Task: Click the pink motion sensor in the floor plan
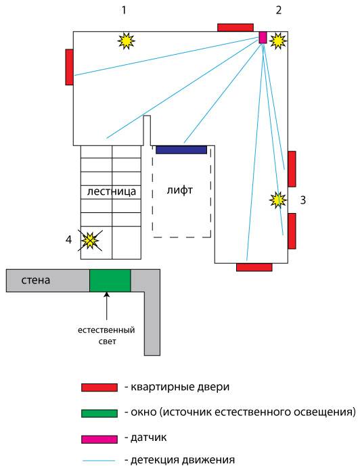[x=263, y=37]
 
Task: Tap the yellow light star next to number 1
[x=126, y=41]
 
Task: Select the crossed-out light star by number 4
[x=90, y=240]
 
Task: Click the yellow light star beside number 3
[x=278, y=200]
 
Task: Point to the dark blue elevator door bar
[x=181, y=149]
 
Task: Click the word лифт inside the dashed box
[x=180, y=190]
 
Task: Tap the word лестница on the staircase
[x=111, y=191]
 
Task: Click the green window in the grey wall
[x=110, y=280]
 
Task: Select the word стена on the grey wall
[x=36, y=281]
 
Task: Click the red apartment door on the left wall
[x=69, y=67]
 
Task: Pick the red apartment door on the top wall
[x=235, y=28]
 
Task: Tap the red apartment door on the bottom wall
[x=254, y=267]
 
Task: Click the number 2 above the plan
[x=279, y=10]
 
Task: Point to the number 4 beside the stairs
[x=69, y=239]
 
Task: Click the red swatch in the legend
[x=99, y=387]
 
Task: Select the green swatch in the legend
[x=99, y=413]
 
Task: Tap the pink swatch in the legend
[x=99, y=440]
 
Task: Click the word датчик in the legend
[x=149, y=438]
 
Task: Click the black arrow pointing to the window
[x=107, y=306]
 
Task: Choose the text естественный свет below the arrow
[x=106, y=335]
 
